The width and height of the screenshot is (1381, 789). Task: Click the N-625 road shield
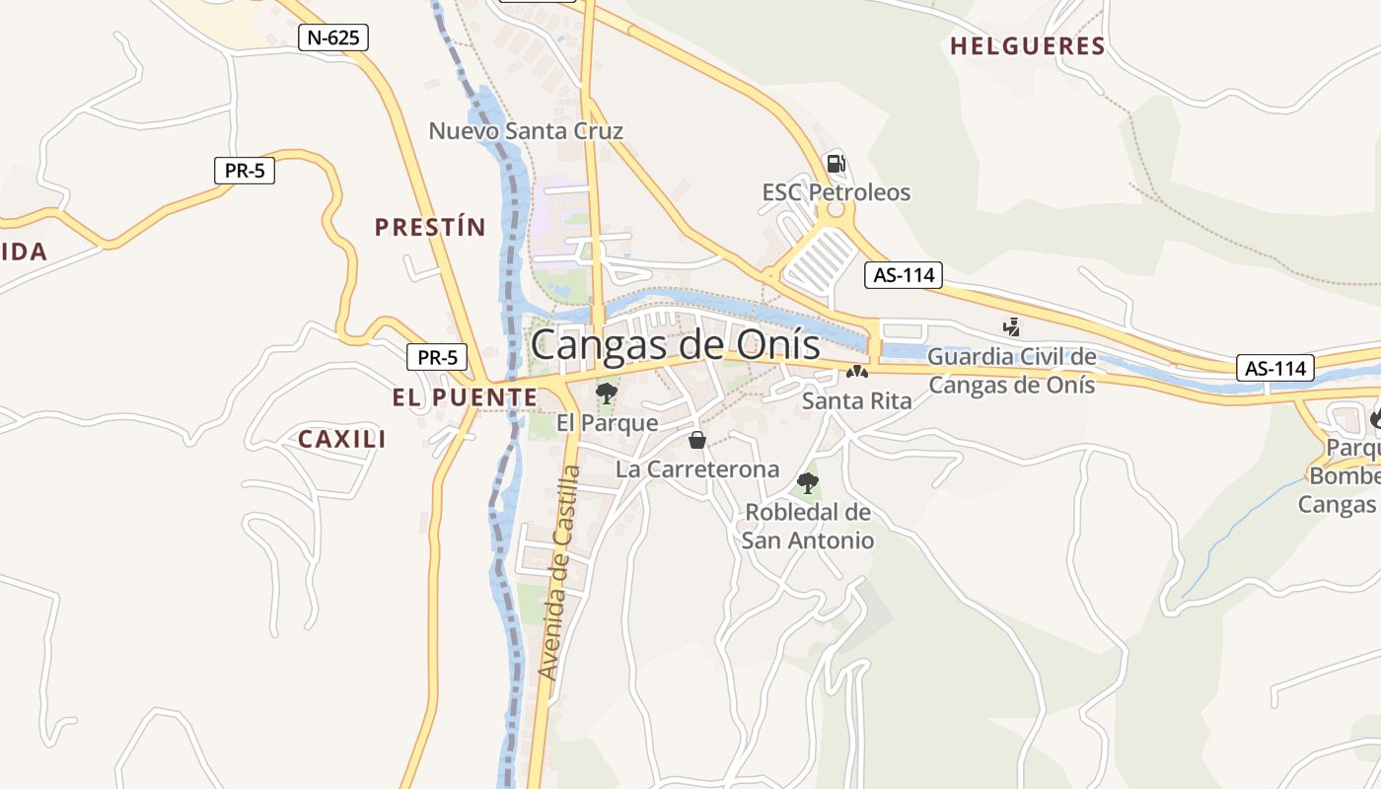(333, 38)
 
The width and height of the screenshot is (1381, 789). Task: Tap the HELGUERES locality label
(1027, 46)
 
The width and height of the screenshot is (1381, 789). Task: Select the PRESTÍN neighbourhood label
(430, 228)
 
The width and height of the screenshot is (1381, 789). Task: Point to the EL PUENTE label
(465, 397)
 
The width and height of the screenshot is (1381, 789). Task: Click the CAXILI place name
(342, 440)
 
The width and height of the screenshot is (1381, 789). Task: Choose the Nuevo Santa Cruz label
(526, 130)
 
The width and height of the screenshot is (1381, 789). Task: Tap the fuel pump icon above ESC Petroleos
(836, 163)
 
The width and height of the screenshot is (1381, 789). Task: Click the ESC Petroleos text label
(836, 192)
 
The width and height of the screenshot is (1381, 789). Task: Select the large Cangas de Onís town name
(676, 345)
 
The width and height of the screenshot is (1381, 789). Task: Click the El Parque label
(607, 423)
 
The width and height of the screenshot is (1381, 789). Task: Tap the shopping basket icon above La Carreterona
(697, 440)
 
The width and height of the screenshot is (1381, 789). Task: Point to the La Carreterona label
(697, 469)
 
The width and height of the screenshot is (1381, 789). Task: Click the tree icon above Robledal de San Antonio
(808, 483)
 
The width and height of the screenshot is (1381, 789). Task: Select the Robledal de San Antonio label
(808, 527)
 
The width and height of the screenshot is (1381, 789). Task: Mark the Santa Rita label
(856, 400)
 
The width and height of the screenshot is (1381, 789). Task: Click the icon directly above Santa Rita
(856, 373)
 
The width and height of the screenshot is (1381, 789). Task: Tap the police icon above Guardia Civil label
(1011, 326)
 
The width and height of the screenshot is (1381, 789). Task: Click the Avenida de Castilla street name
(559, 572)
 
